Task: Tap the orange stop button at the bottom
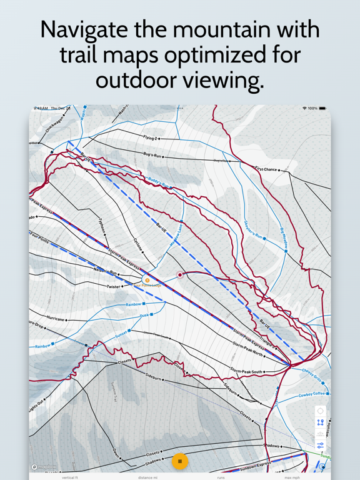(x=180, y=461)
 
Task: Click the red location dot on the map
(x=180, y=275)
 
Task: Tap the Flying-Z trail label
(x=150, y=137)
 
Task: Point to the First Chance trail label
(x=266, y=169)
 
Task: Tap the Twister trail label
(x=113, y=287)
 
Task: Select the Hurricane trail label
(x=56, y=318)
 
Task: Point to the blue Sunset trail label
(x=121, y=334)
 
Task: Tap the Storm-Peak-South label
(x=247, y=371)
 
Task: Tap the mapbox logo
(x=44, y=467)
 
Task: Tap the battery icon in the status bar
(x=322, y=108)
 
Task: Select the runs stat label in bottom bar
(x=221, y=477)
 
